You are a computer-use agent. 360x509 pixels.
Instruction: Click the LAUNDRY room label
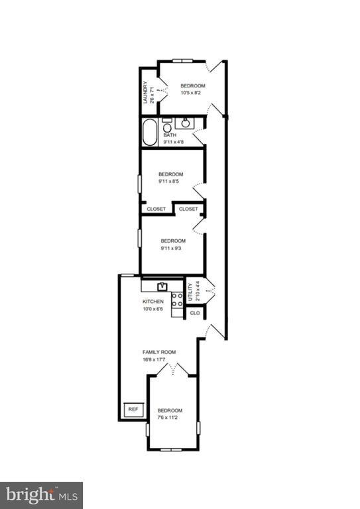tap(145, 92)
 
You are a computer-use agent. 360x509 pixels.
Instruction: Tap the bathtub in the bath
tap(150, 133)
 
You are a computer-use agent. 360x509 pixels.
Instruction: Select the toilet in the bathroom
tap(167, 126)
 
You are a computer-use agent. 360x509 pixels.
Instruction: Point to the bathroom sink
tap(186, 123)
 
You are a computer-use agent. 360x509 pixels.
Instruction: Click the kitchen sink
tap(162, 286)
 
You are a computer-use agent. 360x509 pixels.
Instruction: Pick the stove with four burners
tap(177, 300)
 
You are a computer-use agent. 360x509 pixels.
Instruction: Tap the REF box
tap(133, 410)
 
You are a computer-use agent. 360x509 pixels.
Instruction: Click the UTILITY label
tap(190, 292)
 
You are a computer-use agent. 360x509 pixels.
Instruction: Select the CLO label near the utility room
tap(195, 313)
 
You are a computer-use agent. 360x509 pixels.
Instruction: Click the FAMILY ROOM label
tap(159, 352)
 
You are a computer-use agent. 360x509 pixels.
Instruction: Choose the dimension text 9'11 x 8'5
tap(169, 182)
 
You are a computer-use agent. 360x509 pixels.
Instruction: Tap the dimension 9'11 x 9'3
tap(171, 249)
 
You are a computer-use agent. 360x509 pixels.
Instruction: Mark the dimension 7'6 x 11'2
tap(168, 418)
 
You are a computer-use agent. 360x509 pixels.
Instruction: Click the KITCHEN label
tap(153, 302)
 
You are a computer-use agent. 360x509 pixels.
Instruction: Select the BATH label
tap(170, 135)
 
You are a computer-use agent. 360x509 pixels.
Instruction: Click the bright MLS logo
tap(41, 496)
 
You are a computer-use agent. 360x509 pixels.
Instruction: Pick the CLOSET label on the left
tap(156, 209)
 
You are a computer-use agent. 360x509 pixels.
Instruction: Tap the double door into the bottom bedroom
tap(172, 370)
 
